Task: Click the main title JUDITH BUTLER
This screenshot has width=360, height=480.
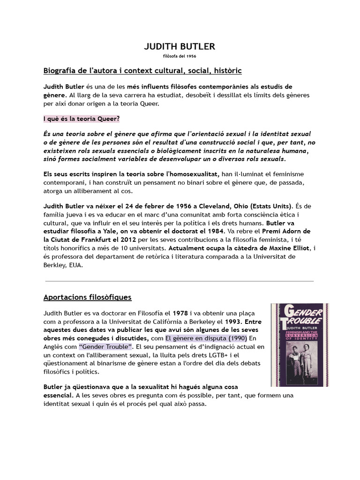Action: (180, 46)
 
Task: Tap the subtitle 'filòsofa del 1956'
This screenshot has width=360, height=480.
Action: (180, 56)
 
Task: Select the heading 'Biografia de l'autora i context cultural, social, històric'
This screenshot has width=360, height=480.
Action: (142, 71)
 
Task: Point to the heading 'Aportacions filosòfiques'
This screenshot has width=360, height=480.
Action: (87, 297)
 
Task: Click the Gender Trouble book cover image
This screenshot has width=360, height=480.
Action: (300, 345)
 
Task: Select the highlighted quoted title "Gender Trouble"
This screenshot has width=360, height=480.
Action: (106, 347)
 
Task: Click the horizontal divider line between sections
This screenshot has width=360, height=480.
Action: (180, 281)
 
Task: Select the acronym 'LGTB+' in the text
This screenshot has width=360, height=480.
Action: (223, 355)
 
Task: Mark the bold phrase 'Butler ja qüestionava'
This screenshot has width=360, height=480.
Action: (81, 386)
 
